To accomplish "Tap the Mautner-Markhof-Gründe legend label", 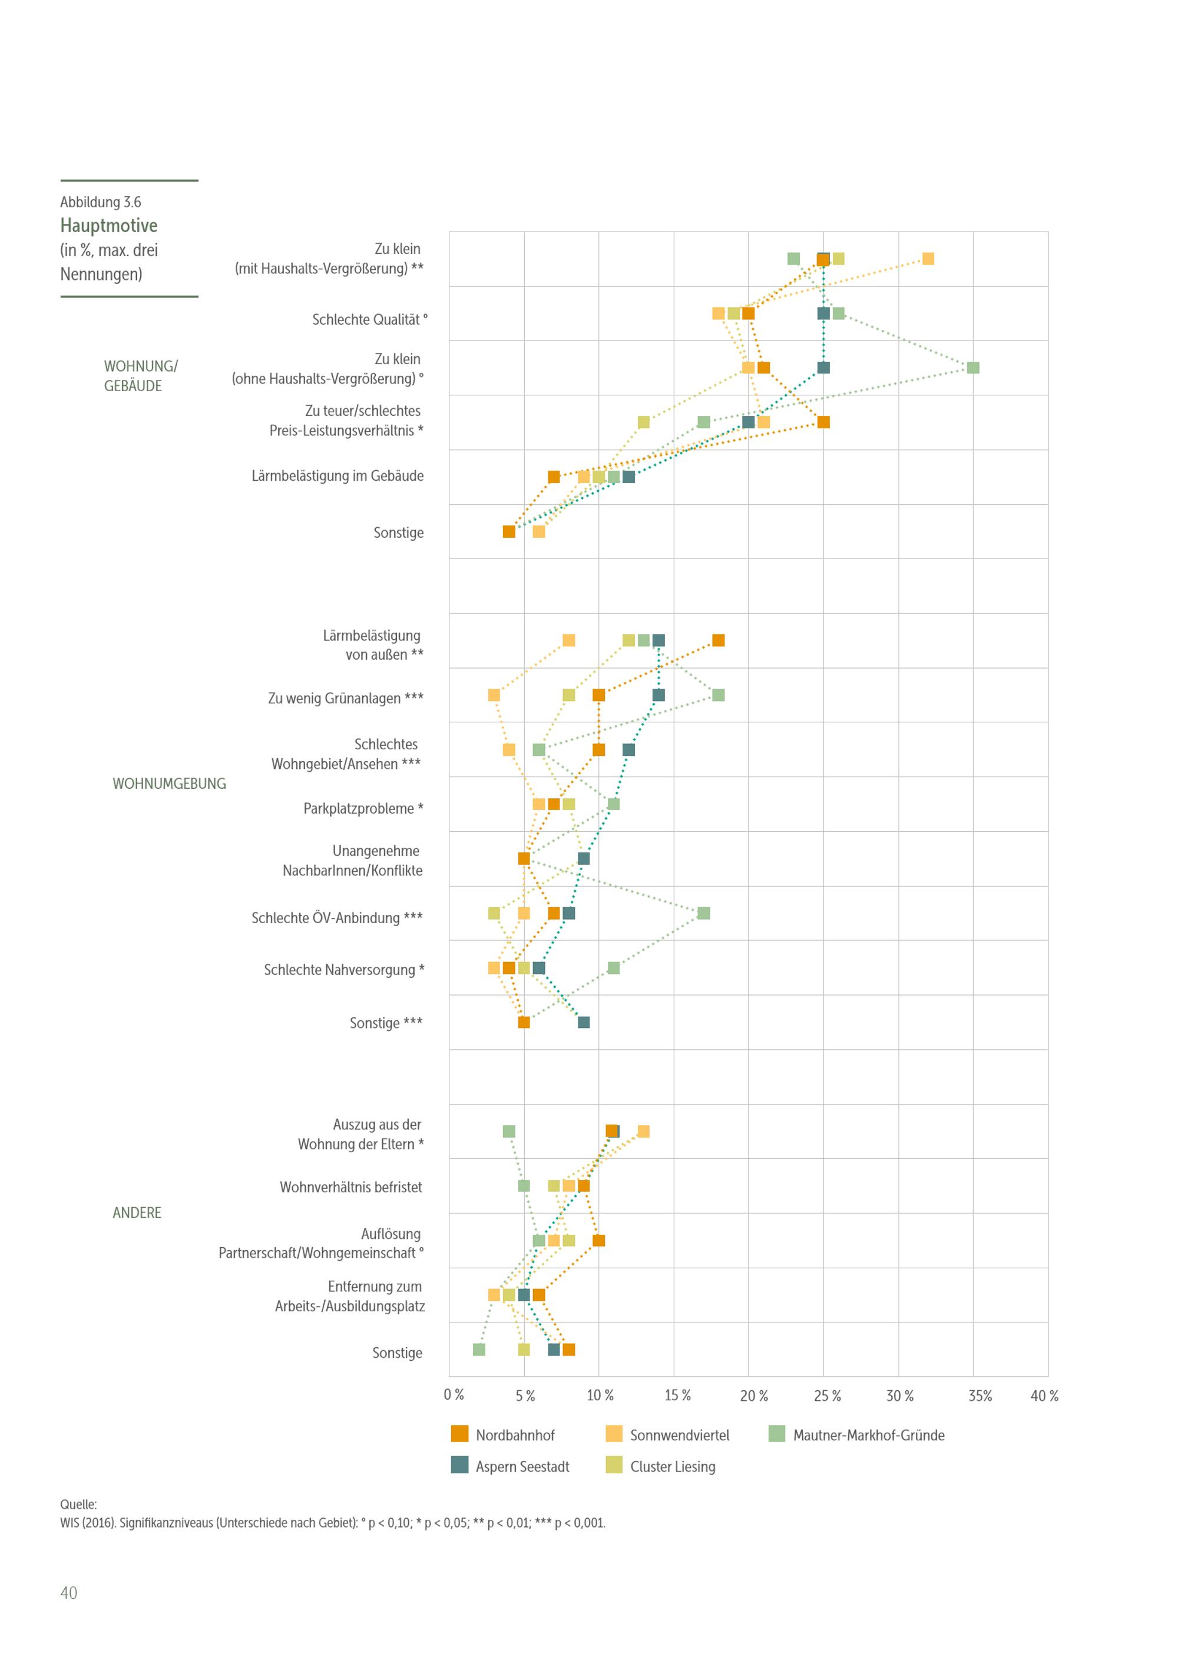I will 868,1434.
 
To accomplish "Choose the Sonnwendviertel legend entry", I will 679,1434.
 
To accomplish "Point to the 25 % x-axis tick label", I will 827,1396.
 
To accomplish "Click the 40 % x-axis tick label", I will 1044,1396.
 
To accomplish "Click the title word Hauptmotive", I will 109,226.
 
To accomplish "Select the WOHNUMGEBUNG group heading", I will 169,784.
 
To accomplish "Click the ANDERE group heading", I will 137,1212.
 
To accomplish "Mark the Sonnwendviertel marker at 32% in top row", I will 928,259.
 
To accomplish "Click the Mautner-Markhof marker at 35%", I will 972,368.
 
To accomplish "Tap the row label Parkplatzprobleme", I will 363,808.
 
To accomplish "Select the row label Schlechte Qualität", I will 369,320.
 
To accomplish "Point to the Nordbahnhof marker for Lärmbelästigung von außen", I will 718,640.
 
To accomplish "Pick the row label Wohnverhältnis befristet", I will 351,1187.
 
